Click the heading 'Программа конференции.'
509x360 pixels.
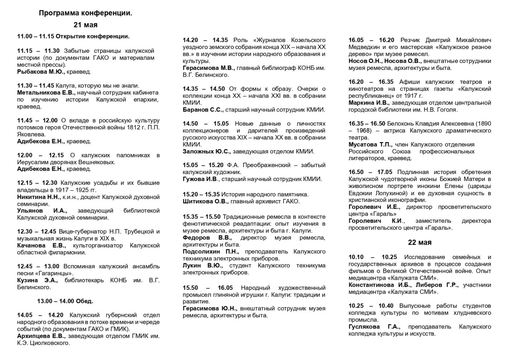85,13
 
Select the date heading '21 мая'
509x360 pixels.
85,25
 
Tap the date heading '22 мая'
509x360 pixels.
420,243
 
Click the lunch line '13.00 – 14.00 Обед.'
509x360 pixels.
65,301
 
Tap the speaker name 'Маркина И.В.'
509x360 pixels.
369,103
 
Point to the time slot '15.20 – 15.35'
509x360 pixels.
201,195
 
